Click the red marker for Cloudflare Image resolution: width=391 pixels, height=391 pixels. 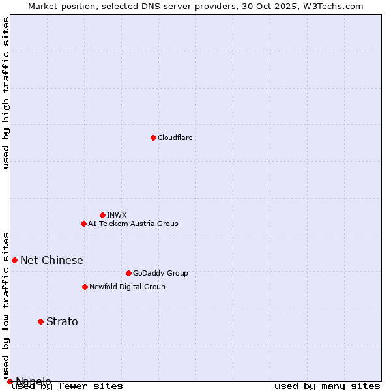(x=153, y=138)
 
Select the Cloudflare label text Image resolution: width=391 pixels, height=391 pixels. (x=175, y=138)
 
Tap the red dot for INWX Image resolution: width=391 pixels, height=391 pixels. (x=102, y=215)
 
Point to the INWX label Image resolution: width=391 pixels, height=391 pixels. (x=117, y=215)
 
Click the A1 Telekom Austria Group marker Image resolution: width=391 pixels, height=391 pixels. (x=83, y=224)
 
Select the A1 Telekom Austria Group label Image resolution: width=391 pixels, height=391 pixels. (x=133, y=224)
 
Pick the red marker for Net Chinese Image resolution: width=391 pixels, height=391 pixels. (x=14, y=260)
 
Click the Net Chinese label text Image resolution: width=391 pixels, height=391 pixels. (x=51, y=261)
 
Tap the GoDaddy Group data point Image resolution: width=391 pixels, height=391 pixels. (x=128, y=273)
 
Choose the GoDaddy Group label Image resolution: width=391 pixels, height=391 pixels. (x=160, y=273)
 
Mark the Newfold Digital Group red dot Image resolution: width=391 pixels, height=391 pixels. (x=85, y=287)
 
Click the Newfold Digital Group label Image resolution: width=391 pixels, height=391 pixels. (x=127, y=287)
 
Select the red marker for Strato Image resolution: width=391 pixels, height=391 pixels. (x=40, y=321)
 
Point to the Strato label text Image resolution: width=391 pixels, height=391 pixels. (x=62, y=321)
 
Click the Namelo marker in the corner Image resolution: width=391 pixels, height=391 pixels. (x=10, y=381)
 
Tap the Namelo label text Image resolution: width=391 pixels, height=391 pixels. (x=33, y=381)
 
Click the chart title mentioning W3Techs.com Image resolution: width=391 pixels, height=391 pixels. (x=195, y=6)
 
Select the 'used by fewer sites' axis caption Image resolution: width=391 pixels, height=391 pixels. (x=67, y=386)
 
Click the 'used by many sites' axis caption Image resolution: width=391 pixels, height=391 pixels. (x=327, y=386)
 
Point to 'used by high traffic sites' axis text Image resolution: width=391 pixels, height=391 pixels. (x=6, y=93)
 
